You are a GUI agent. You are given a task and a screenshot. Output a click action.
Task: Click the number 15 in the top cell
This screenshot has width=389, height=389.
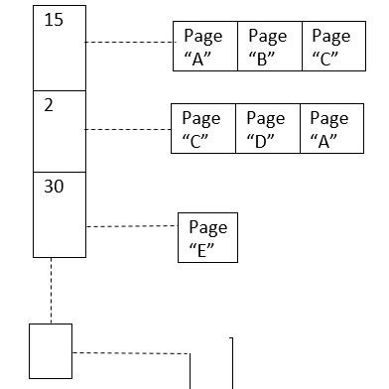[x=55, y=20]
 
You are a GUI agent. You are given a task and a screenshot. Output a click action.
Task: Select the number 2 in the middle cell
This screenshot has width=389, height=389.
[x=49, y=105]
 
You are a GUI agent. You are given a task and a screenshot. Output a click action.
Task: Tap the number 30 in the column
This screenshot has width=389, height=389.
[x=55, y=186]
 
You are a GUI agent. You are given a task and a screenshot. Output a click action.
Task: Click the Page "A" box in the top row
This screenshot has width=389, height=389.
[x=205, y=46]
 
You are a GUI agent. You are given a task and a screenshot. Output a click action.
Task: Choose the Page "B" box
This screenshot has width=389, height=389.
[x=268, y=46]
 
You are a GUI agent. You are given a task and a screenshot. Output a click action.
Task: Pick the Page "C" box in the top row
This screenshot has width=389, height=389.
[x=331, y=46]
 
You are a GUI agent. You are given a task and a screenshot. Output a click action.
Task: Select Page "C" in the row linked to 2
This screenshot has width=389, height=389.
[x=203, y=128]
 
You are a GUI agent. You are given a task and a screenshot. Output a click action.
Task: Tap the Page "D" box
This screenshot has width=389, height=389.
[x=266, y=128]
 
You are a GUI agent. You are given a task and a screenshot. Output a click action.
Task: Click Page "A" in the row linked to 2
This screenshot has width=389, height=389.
[x=329, y=128]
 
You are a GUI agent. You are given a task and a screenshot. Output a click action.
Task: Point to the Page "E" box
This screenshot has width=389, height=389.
[x=207, y=238]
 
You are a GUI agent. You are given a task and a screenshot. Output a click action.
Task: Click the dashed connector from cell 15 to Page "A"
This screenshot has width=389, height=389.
[x=128, y=43]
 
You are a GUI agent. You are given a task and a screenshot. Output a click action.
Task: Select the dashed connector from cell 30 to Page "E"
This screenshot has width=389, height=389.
[x=130, y=227]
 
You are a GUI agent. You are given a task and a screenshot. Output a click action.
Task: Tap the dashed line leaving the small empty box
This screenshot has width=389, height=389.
[x=129, y=352]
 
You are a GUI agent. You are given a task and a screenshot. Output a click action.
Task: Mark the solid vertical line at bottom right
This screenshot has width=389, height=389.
[x=232, y=363]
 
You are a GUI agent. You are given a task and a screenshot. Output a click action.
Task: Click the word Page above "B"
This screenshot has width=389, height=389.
[x=267, y=37]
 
